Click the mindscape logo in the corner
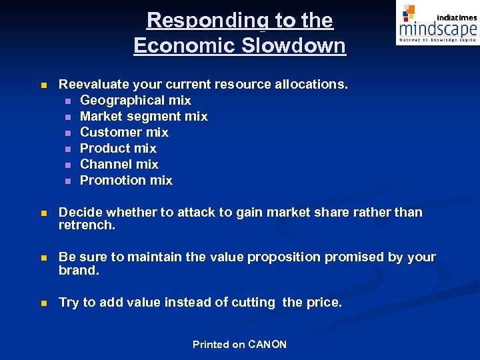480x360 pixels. (437, 24)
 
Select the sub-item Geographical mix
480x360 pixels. (135, 100)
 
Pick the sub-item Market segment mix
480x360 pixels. (143, 116)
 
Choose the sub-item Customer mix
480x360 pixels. (124, 132)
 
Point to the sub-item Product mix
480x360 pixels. (118, 148)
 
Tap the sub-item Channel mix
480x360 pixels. (119, 164)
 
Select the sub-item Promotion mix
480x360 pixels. (126, 180)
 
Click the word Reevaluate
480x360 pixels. (92, 84)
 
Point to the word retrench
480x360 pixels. (87, 225)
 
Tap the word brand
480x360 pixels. (79, 271)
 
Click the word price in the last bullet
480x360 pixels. (323, 302)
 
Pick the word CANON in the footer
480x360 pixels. (267, 344)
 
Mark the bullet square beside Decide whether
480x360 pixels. (43, 213)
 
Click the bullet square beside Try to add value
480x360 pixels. (43, 303)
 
